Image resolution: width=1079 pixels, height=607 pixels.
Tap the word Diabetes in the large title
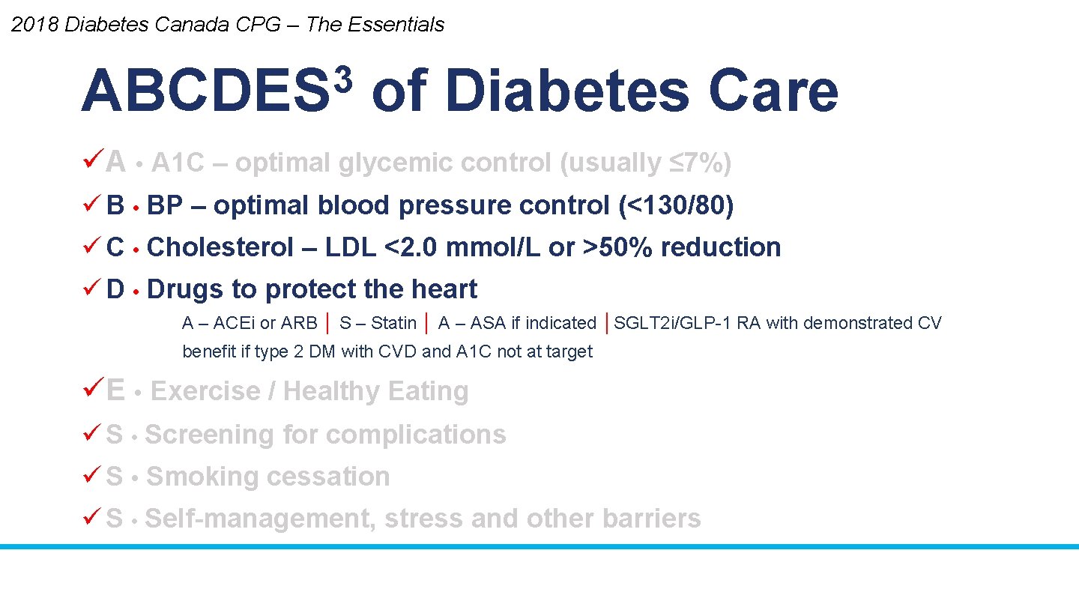pyautogui.click(x=566, y=91)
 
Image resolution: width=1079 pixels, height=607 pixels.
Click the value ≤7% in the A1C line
pyautogui.click(x=696, y=163)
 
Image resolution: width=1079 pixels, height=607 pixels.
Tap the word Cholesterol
pyautogui.click(x=220, y=247)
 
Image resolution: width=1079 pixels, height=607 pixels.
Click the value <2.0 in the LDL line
pyautogui.click(x=411, y=247)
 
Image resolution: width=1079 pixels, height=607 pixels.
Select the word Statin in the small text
pyautogui.click(x=393, y=323)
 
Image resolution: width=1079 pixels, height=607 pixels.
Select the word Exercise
pyautogui.click(x=205, y=391)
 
